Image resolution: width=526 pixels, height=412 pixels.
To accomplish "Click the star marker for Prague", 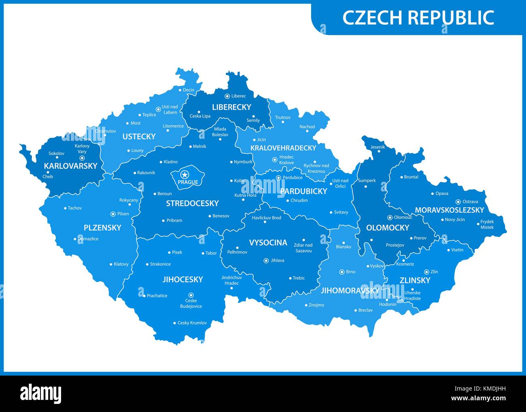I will (185, 175).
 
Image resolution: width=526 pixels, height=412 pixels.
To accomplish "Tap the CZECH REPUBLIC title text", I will (418, 17).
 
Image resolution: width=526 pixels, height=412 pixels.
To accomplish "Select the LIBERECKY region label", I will (231, 107).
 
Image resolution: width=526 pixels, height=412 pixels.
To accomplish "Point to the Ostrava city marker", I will (458, 202).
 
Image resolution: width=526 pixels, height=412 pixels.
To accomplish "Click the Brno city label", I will (350, 272).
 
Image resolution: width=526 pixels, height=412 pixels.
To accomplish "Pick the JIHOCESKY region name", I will (182, 279).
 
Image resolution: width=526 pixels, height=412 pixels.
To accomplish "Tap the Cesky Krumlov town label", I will (192, 323).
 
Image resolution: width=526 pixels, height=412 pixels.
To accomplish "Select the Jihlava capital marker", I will (266, 261).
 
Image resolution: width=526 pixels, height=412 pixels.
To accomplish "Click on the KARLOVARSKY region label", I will (71, 166).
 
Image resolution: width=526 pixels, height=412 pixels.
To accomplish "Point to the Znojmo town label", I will (316, 305).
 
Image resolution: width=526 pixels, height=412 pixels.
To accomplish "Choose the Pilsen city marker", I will (113, 214).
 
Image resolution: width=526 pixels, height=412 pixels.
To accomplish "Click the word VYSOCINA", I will (268, 242).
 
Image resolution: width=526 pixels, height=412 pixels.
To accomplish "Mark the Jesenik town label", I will (378, 147).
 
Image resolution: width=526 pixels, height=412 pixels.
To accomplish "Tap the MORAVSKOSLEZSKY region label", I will (449, 210).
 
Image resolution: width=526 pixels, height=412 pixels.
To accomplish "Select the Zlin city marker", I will (426, 272).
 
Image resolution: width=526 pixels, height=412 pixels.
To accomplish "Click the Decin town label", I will (188, 90).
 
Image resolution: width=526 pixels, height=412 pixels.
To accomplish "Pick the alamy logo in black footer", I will (40, 393).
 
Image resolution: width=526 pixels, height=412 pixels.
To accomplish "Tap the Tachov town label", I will (74, 208).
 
